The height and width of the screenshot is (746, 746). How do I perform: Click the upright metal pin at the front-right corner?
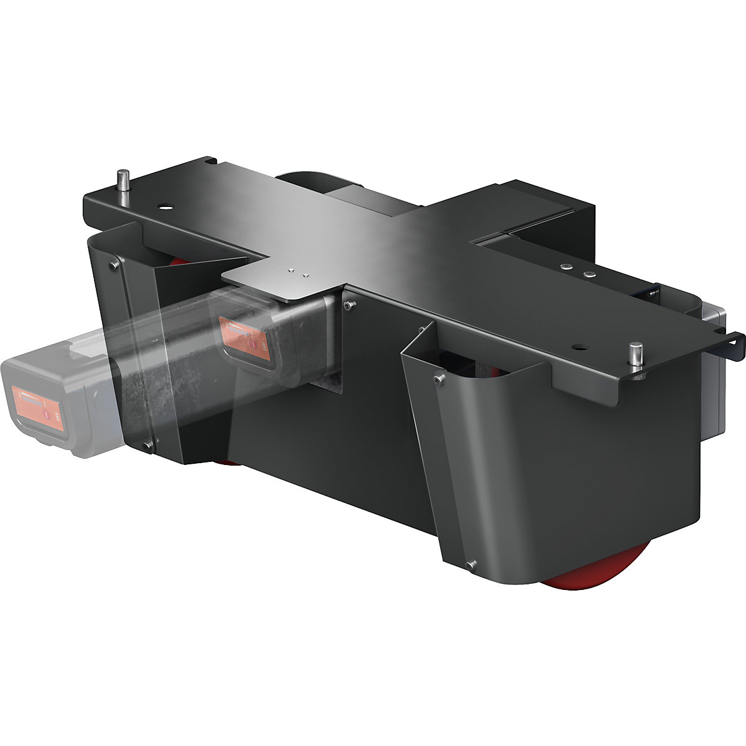pos(635,361)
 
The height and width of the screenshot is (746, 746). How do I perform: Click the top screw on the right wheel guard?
pos(440,378)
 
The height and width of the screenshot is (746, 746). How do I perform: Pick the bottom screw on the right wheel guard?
pos(471,564)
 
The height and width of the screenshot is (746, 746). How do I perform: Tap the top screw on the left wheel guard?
pos(114,266)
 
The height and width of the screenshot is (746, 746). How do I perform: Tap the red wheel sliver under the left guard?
pos(227,462)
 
